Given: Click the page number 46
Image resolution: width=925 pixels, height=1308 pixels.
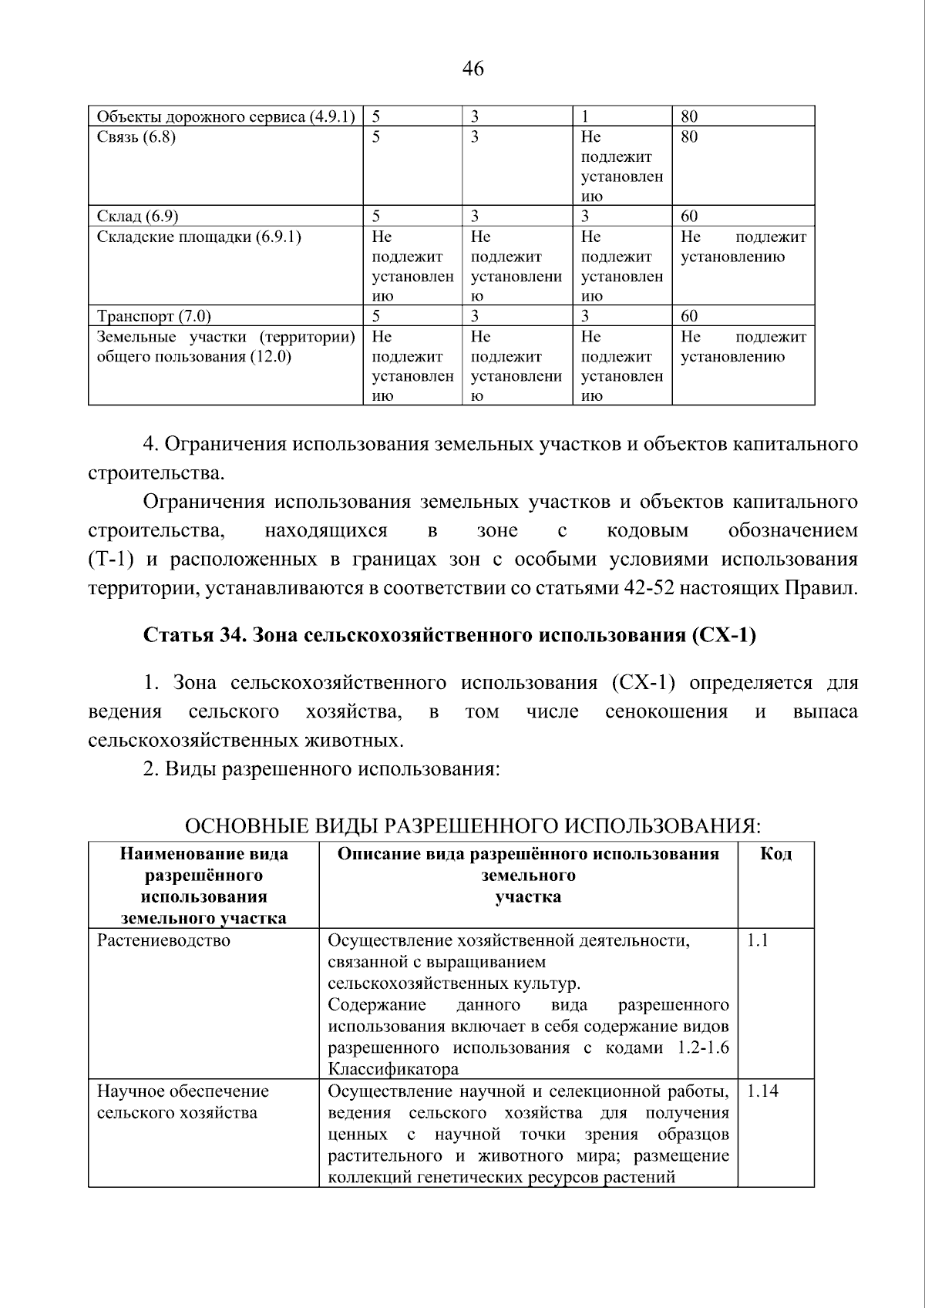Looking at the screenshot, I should (x=473, y=69).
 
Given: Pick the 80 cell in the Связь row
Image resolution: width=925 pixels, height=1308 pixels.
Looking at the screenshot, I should (x=689, y=137).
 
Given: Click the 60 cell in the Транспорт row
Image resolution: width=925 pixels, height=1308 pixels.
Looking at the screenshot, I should (x=689, y=316).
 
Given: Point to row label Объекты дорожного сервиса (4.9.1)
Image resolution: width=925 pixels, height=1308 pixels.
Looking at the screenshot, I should (x=226, y=117).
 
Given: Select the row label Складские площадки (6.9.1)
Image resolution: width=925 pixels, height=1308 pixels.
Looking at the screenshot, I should (x=199, y=237).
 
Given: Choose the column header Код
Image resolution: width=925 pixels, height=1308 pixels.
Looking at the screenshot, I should (x=775, y=853).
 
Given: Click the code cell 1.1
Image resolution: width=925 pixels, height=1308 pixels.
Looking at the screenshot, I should (x=758, y=940).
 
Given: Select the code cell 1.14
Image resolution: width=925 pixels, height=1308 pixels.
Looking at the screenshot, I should (x=762, y=1091).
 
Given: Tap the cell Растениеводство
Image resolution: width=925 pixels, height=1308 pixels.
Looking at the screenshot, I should (x=163, y=940).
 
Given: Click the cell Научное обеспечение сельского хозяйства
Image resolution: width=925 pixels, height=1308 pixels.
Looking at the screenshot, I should (x=183, y=1102).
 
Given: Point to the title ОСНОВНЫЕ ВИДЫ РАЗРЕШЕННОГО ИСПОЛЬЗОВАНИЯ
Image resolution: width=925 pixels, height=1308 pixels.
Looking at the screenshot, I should (x=473, y=826).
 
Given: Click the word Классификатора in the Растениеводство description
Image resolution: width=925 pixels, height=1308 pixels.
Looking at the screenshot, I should (x=393, y=1069).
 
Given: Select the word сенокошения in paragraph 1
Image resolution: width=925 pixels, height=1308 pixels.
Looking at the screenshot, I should (x=666, y=711).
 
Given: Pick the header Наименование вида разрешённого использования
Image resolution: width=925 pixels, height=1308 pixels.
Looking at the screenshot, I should (x=204, y=885).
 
